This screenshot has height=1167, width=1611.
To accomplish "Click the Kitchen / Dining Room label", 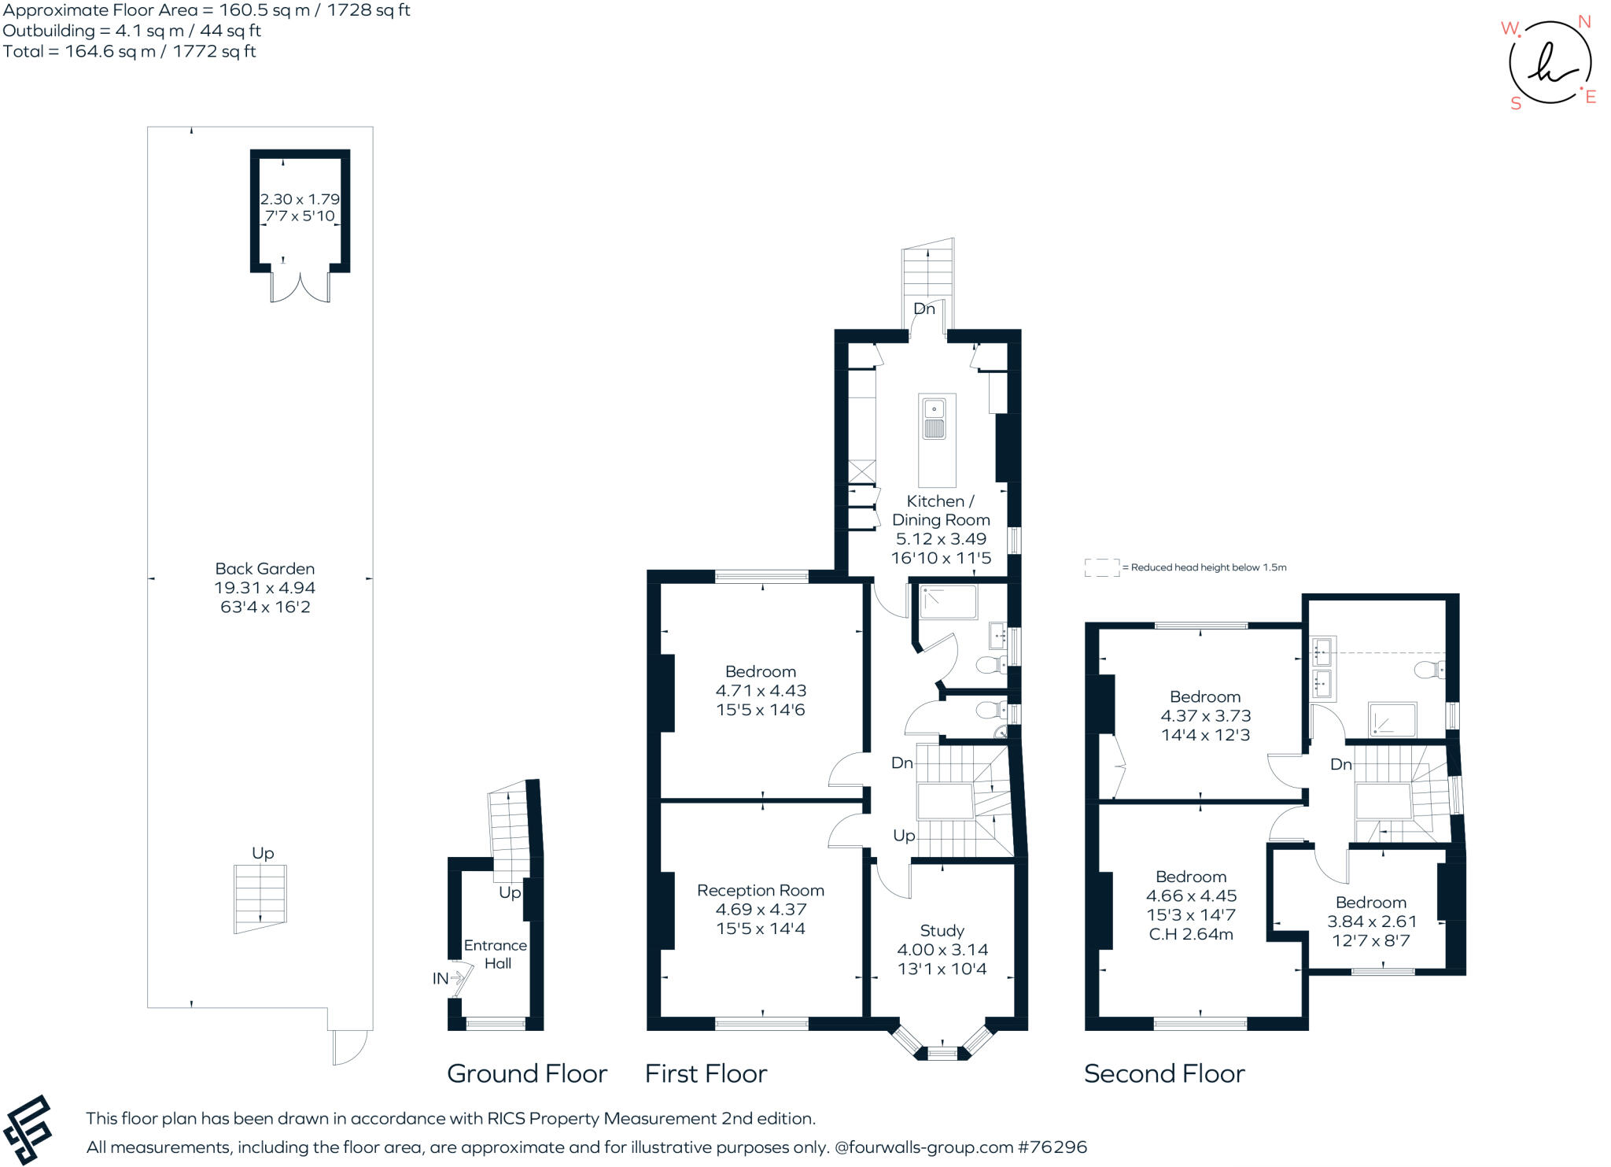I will pos(940,510).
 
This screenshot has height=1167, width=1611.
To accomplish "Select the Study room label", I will pos(942,930).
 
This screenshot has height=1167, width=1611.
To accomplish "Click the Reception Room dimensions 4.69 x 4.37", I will pos(760,909).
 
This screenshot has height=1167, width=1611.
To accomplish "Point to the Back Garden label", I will pos(264,568).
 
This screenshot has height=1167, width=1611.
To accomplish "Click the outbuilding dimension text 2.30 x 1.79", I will pos(300,199).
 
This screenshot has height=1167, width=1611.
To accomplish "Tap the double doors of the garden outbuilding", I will pos(300,287).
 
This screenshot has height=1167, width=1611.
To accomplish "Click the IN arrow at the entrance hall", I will pos(448,978).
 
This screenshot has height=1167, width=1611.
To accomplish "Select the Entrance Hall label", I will pos(496,954).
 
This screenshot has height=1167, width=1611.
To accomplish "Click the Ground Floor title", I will pos(526,1073).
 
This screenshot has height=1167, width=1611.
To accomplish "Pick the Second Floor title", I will pos(1163,1073).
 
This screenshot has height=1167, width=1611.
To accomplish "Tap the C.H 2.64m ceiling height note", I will pos(1191,934).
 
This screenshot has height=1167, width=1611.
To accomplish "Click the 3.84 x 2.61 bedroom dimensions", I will pos(1371,921).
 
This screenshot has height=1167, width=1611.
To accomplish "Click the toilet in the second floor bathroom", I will pos(1428,670).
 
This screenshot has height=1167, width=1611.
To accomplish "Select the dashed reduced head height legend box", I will pos(1101,567).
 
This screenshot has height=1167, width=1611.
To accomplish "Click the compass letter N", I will pos(1584,22).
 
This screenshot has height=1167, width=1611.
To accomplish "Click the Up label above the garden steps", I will pos(263,853).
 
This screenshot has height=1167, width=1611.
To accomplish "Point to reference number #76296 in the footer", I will pos(1052,1147).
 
